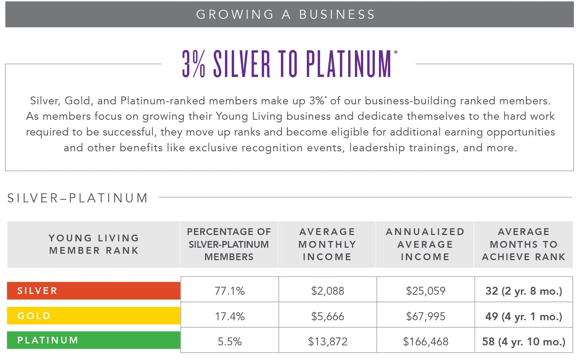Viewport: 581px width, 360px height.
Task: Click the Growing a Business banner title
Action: (285, 14)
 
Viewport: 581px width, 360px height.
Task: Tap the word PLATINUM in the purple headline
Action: (349, 64)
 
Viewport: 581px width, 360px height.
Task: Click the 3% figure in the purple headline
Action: (194, 64)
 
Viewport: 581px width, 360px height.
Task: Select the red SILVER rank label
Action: (94, 291)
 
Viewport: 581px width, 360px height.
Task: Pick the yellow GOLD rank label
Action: (94, 316)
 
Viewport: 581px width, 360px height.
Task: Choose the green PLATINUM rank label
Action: (94, 340)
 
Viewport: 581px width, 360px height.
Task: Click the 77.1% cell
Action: (229, 291)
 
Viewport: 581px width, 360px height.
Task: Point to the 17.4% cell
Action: (229, 316)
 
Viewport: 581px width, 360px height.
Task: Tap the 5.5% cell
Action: (229, 341)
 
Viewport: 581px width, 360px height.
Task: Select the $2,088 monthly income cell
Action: (327, 291)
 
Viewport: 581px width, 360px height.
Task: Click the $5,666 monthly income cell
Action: (327, 316)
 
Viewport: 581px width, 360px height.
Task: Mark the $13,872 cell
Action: (327, 341)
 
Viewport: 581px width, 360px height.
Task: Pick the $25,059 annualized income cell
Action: (426, 291)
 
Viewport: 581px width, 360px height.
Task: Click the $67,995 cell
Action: (426, 316)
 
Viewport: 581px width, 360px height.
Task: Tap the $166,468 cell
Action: (426, 341)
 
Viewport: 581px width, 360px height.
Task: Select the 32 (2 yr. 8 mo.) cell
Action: (524, 291)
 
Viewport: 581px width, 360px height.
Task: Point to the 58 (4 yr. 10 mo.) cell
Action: (524, 341)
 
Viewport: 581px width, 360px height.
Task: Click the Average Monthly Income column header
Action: (327, 244)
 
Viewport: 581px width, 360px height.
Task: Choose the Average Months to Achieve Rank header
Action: (524, 244)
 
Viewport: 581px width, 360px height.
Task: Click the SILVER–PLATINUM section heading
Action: (78, 198)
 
